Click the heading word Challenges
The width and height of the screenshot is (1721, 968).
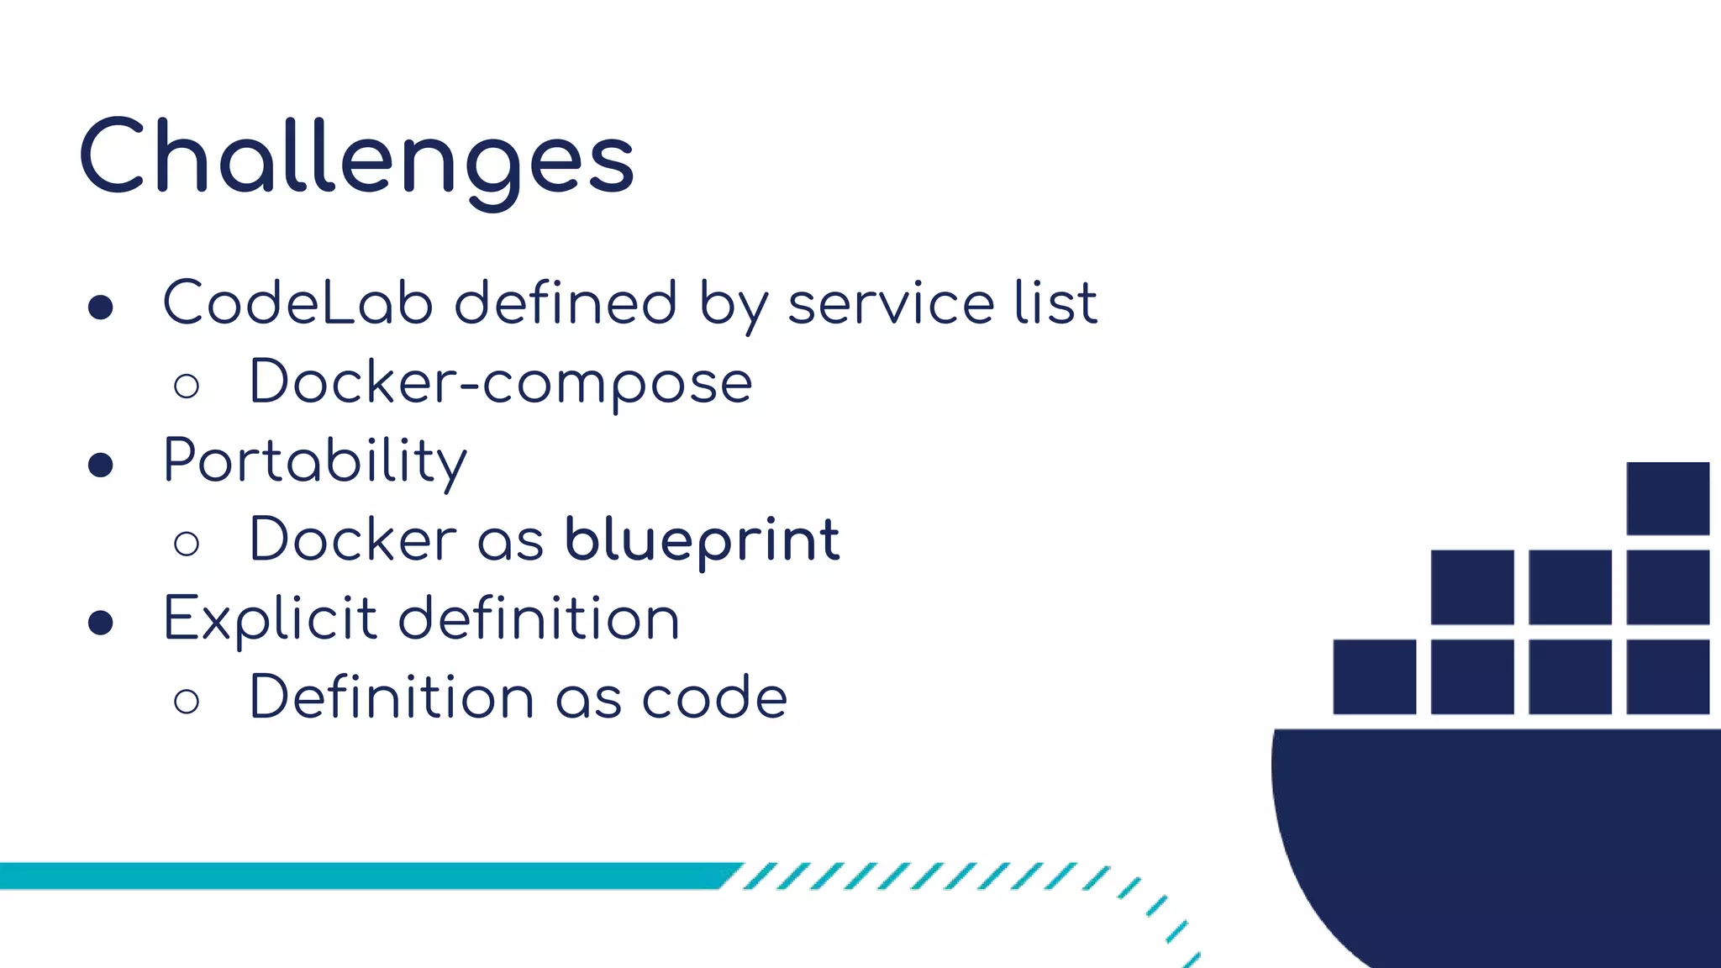click(x=357, y=158)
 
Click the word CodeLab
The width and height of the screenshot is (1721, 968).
click(x=297, y=302)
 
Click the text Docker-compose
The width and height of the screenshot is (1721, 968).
click(x=501, y=382)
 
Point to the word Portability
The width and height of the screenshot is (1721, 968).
click(x=315, y=461)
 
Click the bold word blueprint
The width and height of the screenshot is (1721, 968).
click(x=702, y=539)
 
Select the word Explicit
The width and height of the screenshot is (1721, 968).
click(x=270, y=619)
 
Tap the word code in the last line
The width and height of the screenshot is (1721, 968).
click(x=714, y=697)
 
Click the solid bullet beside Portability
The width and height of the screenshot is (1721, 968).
click(x=101, y=465)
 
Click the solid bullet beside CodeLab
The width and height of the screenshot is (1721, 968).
click(x=101, y=307)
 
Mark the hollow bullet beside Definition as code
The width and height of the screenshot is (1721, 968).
click(x=187, y=702)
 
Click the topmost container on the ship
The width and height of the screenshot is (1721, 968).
click(x=1667, y=498)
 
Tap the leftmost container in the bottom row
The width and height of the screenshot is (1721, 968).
click(x=1374, y=676)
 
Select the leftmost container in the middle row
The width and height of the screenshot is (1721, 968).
click(x=1471, y=587)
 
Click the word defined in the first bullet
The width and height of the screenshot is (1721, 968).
click(x=566, y=302)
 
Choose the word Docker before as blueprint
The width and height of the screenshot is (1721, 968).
click(x=353, y=539)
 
